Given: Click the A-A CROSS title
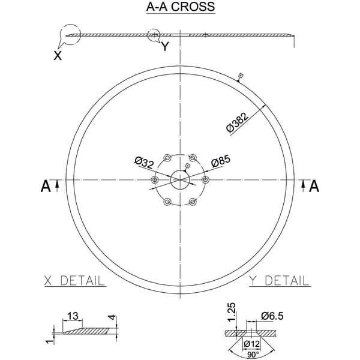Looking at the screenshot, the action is (x=181, y=7).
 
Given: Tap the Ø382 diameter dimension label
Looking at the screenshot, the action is (x=237, y=122).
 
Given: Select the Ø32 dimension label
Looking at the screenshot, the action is (x=144, y=163).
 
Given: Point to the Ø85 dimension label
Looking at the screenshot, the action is (x=221, y=161).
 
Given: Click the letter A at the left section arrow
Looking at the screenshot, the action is (x=46, y=186).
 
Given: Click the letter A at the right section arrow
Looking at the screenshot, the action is (x=314, y=186).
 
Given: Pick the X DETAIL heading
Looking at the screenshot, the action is (x=74, y=281).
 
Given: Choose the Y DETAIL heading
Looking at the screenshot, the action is (x=280, y=281).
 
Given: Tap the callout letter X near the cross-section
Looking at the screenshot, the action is (x=58, y=56).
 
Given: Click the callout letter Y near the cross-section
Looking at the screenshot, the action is (x=165, y=47).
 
